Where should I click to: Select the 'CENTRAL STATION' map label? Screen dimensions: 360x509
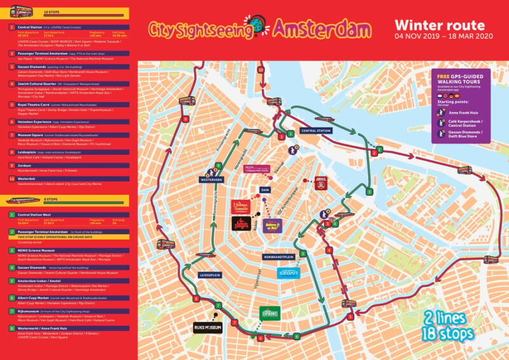point(317,130)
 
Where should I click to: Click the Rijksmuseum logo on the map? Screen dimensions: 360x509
point(207,328)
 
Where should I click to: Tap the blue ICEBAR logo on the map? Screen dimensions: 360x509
point(288,273)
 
